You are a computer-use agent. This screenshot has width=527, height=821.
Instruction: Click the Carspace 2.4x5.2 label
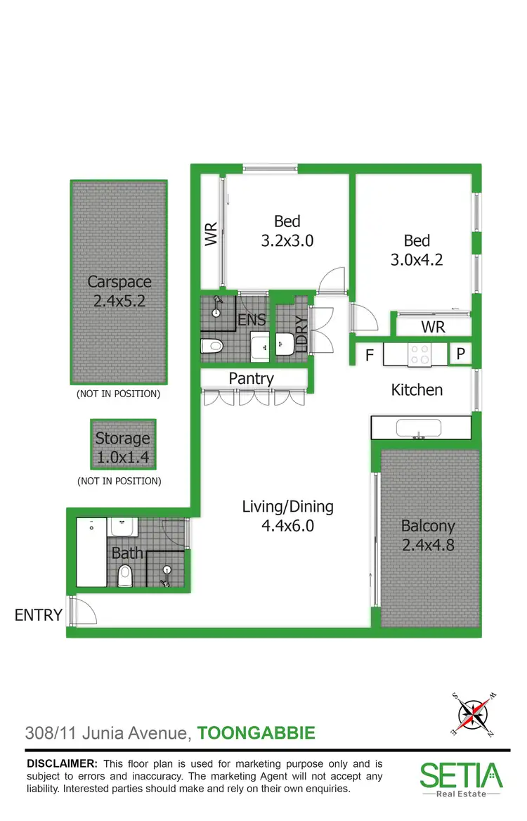click(119, 292)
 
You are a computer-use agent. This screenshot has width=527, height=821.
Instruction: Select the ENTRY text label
click(39, 616)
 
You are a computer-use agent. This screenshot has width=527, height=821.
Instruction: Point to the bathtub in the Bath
click(91, 552)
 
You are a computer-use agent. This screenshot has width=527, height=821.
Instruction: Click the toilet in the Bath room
click(126, 576)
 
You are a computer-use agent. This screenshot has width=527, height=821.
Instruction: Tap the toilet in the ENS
click(212, 346)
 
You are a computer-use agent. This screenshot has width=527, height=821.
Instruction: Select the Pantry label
click(251, 379)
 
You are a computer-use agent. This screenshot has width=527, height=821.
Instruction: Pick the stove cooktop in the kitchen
click(419, 354)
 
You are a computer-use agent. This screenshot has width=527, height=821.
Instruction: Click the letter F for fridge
click(369, 356)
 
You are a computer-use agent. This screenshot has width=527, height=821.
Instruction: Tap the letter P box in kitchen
click(461, 354)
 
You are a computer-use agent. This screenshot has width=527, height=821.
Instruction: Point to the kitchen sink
click(419, 427)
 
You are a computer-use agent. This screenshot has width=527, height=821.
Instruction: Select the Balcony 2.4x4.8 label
click(428, 534)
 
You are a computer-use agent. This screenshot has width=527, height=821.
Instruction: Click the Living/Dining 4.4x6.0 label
click(287, 515)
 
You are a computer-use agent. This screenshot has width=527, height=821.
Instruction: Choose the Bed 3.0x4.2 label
click(417, 250)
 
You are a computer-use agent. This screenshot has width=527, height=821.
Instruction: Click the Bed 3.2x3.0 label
click(287, 231)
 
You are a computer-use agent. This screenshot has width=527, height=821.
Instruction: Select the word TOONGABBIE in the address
click(256, 734)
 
